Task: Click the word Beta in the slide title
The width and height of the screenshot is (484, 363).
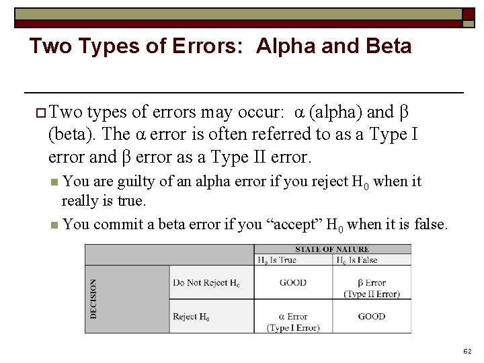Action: point(387,46)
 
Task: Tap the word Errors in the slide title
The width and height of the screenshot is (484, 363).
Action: point(202,46)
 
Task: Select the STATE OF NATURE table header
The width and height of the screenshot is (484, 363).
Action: point(332,249)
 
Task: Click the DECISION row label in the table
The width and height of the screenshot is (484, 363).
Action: point(93,299)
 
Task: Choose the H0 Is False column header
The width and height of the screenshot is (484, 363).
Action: point(357,260)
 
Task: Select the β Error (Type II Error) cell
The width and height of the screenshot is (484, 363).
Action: point(371,288)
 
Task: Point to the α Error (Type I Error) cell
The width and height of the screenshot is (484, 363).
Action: point(293,321)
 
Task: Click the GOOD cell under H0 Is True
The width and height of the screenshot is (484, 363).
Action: point(293,283)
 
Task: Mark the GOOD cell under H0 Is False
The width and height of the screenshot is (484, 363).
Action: point(371,317)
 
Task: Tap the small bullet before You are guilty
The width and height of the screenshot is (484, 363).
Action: point(54,182)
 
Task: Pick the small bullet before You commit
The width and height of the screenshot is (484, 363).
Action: point(54,225)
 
